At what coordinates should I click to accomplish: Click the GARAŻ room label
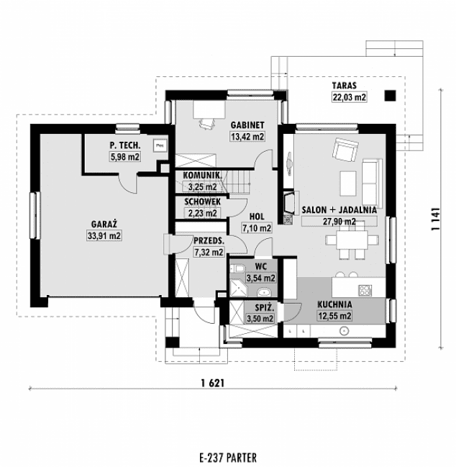pos(104,224)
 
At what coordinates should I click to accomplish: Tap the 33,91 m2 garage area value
pos(104,235)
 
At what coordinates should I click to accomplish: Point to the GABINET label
pos(246,124)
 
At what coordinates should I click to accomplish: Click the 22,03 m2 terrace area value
pos(348,96)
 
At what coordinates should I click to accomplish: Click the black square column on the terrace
pos(390,94)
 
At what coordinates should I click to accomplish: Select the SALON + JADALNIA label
pos(340,209)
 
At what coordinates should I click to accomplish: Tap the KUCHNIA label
pos(334,304)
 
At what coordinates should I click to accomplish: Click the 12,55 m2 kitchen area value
pos(334,315)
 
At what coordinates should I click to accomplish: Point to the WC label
pos(260,266)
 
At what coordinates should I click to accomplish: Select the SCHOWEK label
pos(201,202)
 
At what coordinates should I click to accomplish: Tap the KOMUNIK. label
pos(200,176)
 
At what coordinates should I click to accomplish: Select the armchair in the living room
pos(342,152)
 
